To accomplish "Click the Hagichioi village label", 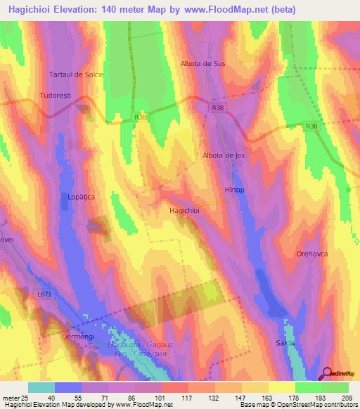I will click(x=185, y=210).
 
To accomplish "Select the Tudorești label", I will click(x=58, y=95).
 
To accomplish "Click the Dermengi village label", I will click(x=77, y=337).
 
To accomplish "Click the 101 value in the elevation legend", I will click(x=150, y=398).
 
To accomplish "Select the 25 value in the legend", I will click(x=26, y=398).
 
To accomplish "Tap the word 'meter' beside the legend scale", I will click(x=11, y=398).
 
